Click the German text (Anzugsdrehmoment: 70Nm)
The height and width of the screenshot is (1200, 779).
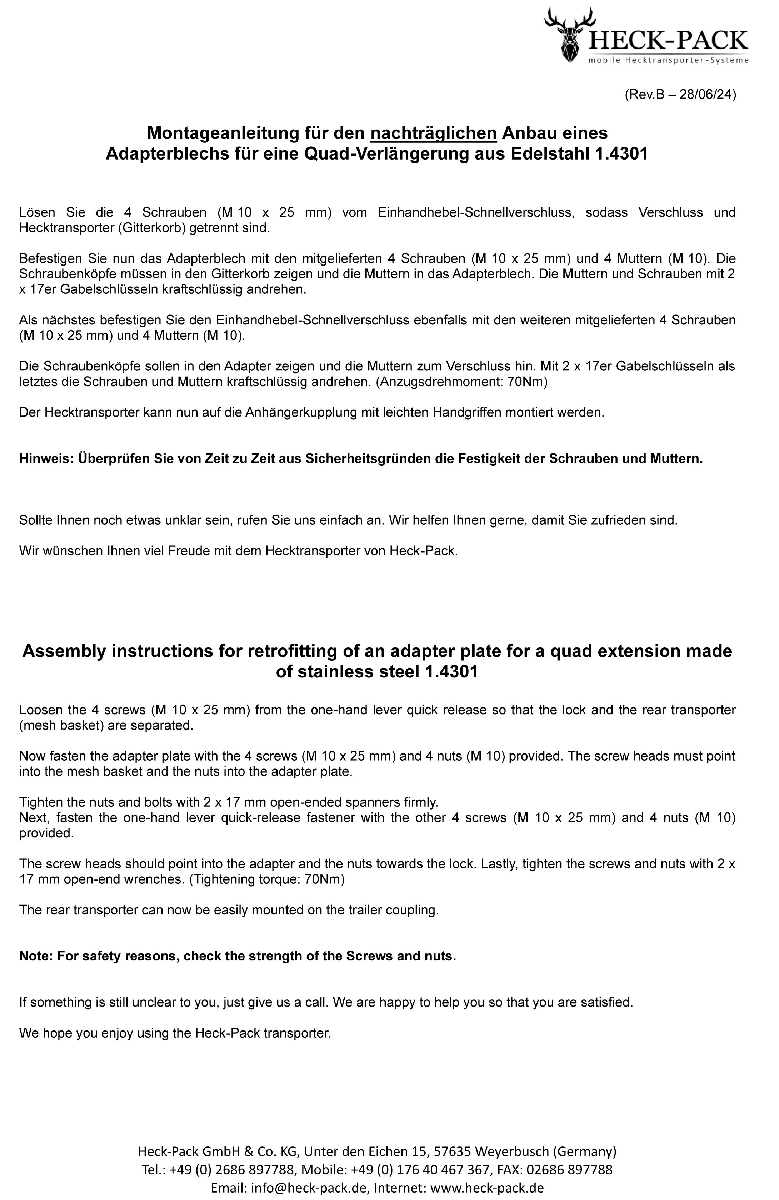(461, 382)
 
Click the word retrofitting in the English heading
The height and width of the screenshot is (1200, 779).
(292, 651)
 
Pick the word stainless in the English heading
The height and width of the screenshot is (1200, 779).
(335, 672)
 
